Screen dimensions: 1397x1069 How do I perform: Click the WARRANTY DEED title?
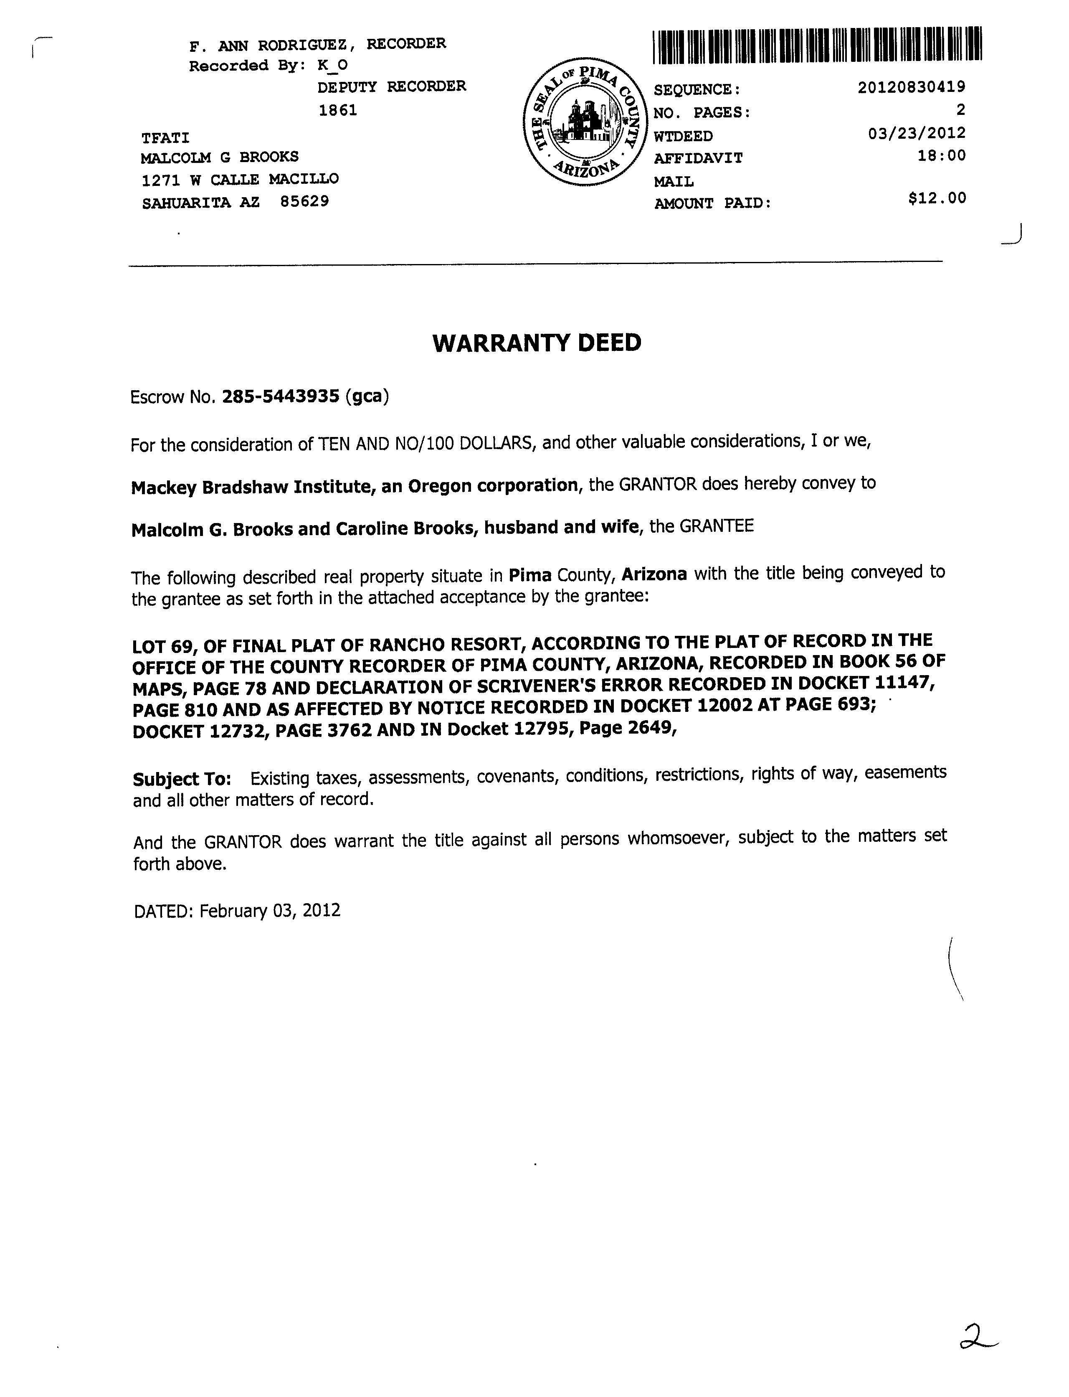pyautogui.click(x=537, y=343)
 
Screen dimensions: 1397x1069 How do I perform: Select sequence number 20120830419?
pyautogui.click(x=911, y=87)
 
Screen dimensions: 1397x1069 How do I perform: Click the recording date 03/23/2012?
pyautogui.click(x=916, y=133)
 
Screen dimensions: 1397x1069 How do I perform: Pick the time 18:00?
pyautogui.click(x=941, y=155)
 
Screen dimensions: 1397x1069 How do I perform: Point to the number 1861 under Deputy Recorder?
pyautogui.click(x=337, y=111)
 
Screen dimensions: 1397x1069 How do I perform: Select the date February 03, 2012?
pyautogui.click(x=270, y=911)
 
